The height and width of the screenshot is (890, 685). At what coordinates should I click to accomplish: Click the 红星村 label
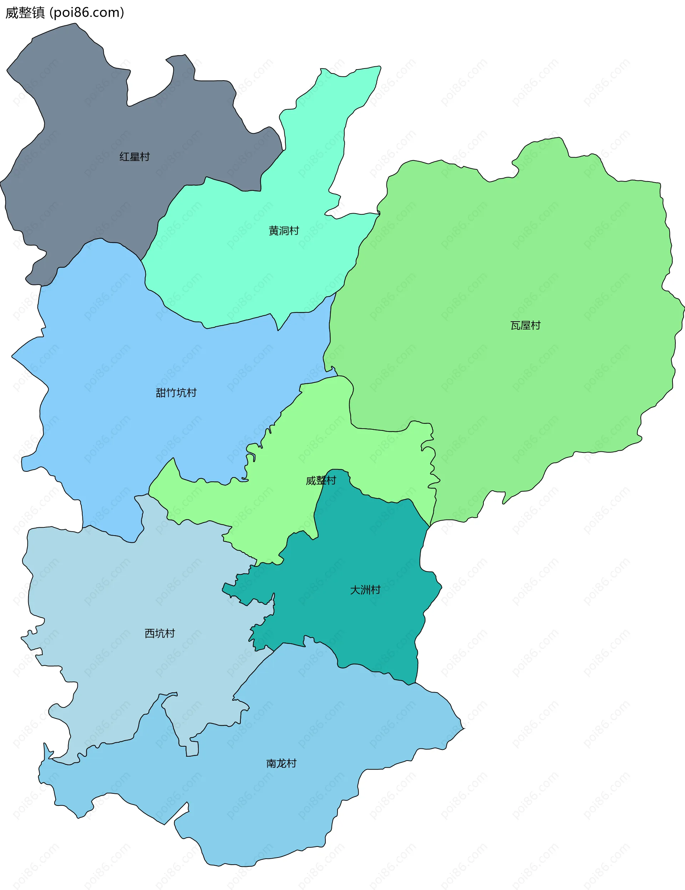tap(135, 157)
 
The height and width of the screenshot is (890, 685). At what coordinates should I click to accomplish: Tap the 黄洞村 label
tap(284, 231)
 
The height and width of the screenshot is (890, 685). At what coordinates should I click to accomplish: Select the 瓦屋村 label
tap(525, 326)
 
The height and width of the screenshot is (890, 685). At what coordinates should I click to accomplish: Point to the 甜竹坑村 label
tap(176, 393)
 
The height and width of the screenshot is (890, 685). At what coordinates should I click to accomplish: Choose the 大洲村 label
tap(365, 590)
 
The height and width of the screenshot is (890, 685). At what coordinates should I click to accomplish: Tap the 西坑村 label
tap(160, 633)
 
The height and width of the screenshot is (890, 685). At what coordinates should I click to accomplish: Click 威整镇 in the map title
tap(25, 12)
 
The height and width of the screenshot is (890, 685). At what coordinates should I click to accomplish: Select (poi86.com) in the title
tap(86, 12)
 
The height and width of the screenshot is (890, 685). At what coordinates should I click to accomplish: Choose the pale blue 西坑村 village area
tap(122, 591)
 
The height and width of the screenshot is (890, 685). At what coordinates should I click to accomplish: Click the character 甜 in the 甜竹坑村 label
tap(161, 393)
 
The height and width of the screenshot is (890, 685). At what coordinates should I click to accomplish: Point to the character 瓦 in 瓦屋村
tap(516, 326)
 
